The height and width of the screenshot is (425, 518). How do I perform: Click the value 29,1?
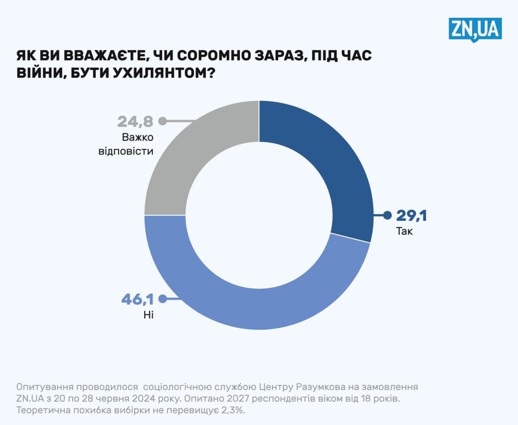coord(411,216)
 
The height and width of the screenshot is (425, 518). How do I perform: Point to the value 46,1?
coord(137,299)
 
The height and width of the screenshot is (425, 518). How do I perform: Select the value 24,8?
coord(135,121)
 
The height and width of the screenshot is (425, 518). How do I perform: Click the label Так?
coord(404,231)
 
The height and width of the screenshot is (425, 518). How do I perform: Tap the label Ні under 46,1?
coord(148,315)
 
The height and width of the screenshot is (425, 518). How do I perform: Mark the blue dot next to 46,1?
coord(162,299)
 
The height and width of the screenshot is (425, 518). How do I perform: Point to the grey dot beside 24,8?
coord(163,121)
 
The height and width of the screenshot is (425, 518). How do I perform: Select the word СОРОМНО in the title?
coord(216,56)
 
